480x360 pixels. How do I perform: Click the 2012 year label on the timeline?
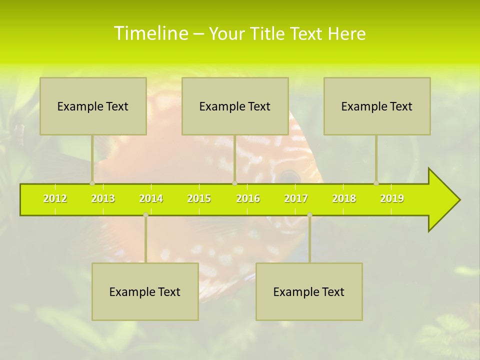[x=55, y=198]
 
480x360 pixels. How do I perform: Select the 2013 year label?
[x=103, y=198]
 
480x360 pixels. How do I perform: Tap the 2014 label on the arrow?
[x=151, y=198]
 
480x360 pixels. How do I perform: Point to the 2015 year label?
[x=199, y=198]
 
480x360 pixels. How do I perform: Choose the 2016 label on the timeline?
[x=248, y=198]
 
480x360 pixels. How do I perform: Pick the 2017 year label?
[x=296, y=198]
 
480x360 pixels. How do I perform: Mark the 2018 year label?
[x=344, y=198]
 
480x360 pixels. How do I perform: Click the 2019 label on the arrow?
[x=392, y=198]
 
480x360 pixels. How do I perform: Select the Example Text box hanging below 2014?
[x=145, y=291]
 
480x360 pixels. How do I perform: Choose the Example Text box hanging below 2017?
[x=309, y=291]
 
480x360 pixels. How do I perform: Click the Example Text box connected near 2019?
[x=377, y=106]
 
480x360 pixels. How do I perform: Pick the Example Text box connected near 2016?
[x=235, y=106]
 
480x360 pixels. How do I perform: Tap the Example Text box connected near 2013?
[x=93, y=106]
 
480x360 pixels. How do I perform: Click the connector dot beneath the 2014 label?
[x=145, y=214]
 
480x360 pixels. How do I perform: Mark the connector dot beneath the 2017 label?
[x=309, y=214]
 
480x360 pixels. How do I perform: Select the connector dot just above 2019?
[x=376, y=183]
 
